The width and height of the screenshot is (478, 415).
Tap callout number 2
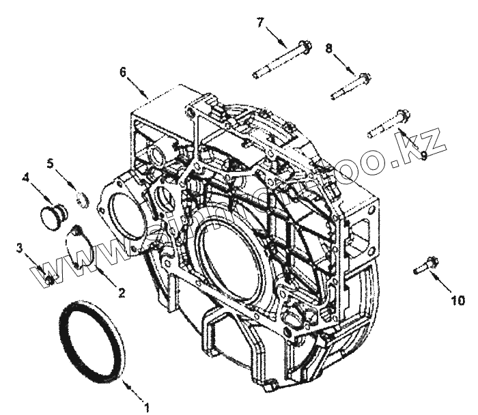[x=121, y=294]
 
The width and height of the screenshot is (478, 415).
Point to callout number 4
[x=25, y=177]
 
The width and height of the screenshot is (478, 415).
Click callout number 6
[x=122, y=70]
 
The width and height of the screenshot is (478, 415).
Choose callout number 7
[x=260, y=22]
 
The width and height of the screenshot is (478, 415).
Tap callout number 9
[x=423, y=156]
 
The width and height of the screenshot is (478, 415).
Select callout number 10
[x=457, y=299]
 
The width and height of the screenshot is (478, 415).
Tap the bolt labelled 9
[x=386, y=124]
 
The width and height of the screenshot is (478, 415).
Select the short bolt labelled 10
[x=425, y=265]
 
